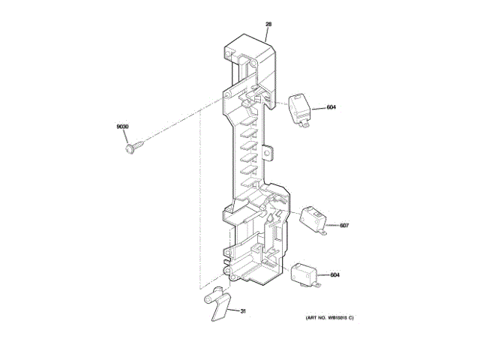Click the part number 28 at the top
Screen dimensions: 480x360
click(x=268, y=25)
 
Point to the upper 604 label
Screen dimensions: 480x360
click(x=331, y=107)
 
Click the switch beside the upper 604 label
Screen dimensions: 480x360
click(x=301, y=107)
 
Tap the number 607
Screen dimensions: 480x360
click(x=344, y=225)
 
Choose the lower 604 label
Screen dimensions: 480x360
click(x=334, y=274)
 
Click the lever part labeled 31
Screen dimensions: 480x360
click(x=218, y=304)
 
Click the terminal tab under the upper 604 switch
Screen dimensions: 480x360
click(x=303, y=124)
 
